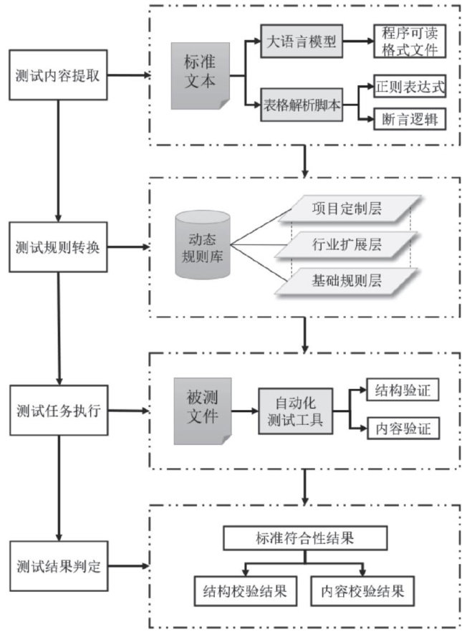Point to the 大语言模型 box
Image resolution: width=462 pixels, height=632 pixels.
point(301,41)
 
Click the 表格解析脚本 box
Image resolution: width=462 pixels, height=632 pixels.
point(299,105)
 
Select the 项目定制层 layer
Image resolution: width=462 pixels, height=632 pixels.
point(346,209)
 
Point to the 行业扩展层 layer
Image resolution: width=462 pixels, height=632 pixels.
point(346,245)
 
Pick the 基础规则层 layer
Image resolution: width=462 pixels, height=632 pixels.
point(346,281)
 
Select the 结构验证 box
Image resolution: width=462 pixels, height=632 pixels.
point(401,392)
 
